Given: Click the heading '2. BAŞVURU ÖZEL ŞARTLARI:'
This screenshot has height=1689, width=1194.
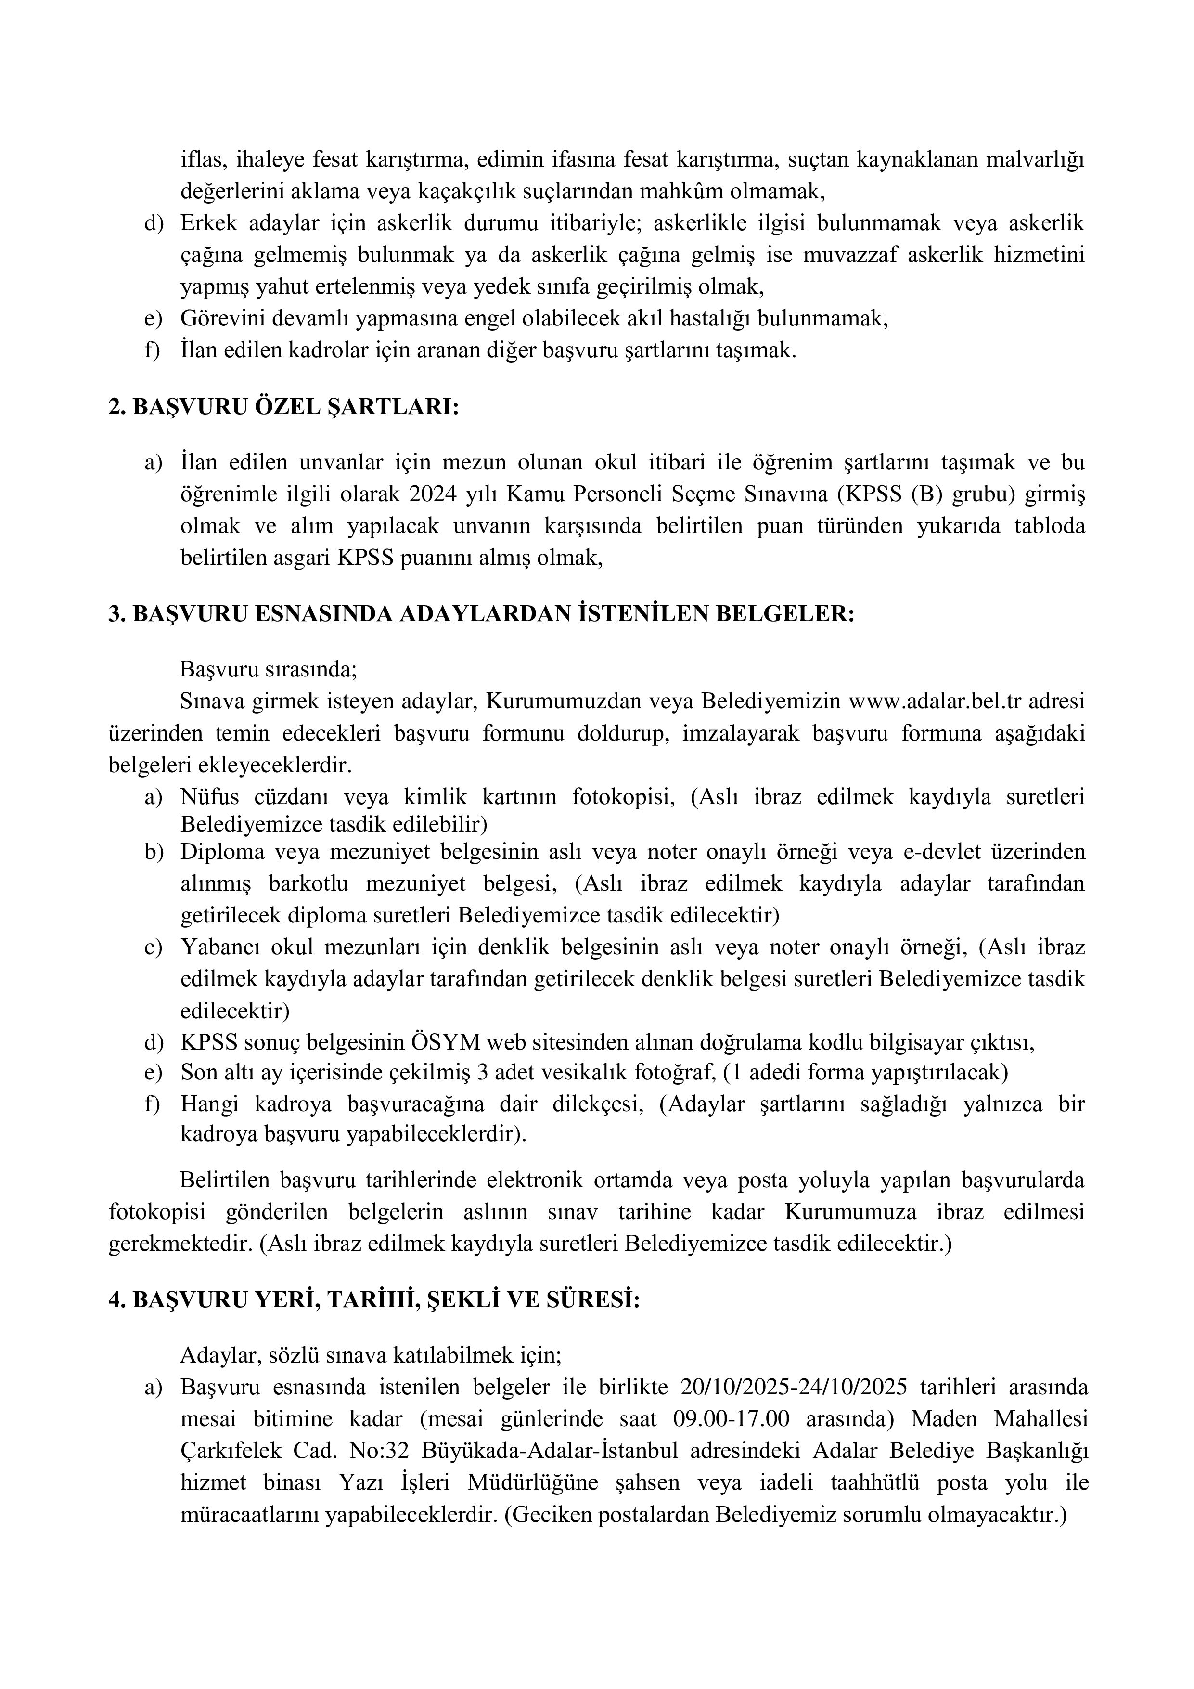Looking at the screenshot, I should pos(283,407).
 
